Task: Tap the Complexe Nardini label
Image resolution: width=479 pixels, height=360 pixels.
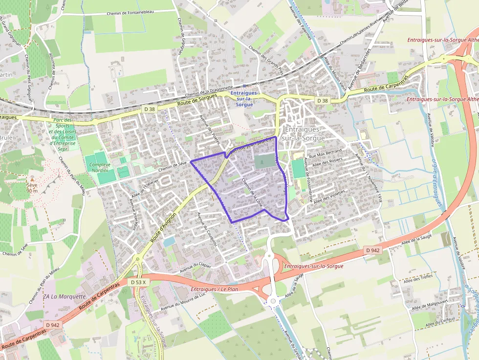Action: [100, 168]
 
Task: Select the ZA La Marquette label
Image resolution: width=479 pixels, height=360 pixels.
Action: [64, 296]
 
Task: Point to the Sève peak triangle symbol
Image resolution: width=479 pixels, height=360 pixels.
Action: [32, 180]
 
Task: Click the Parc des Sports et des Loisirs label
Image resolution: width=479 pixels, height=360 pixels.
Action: [63, 131]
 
